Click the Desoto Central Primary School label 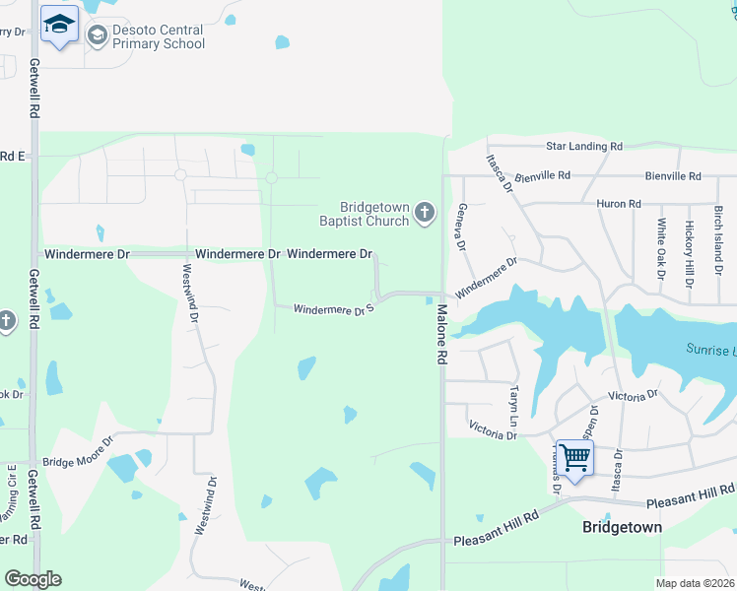point(159,37)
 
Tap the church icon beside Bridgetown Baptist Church point(425,213)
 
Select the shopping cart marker point(574,456)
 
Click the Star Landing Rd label point(584,146)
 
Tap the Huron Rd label point(619,204)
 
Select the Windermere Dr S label point(333,309)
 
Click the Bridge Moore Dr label point(77,449)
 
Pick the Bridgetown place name point(622,527)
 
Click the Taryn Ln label point(513,401)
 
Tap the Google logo point(33,579)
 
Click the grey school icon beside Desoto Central point(97,37)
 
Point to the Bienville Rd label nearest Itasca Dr point(541,175)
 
